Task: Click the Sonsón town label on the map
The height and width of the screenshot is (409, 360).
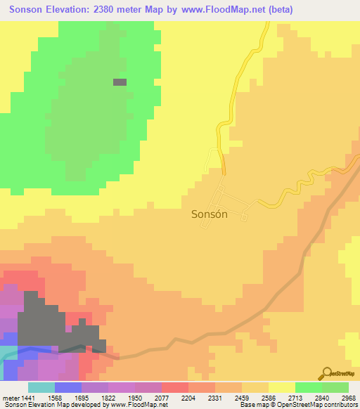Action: click(210, 215)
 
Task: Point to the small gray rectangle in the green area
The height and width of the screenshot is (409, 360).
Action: click(120, 82)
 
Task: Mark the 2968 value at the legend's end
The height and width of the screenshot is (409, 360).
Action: click(349, 398)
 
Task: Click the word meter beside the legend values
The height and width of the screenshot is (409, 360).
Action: click(12, 398)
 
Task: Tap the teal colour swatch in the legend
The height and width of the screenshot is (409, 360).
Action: click(41, 387)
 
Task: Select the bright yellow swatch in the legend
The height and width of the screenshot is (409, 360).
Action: click(281, 387)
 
